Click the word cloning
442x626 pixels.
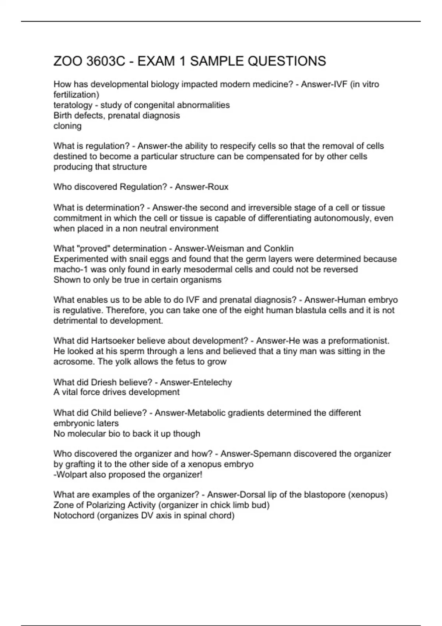[67, 126]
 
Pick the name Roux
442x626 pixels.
[220, 187]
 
